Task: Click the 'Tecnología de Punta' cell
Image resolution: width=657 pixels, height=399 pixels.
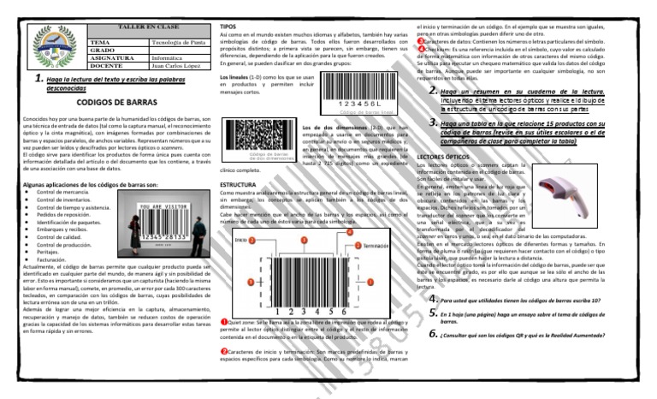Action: (x=175, y=40)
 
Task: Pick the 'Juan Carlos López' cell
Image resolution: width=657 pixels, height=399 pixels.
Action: (x=175, y=65)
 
